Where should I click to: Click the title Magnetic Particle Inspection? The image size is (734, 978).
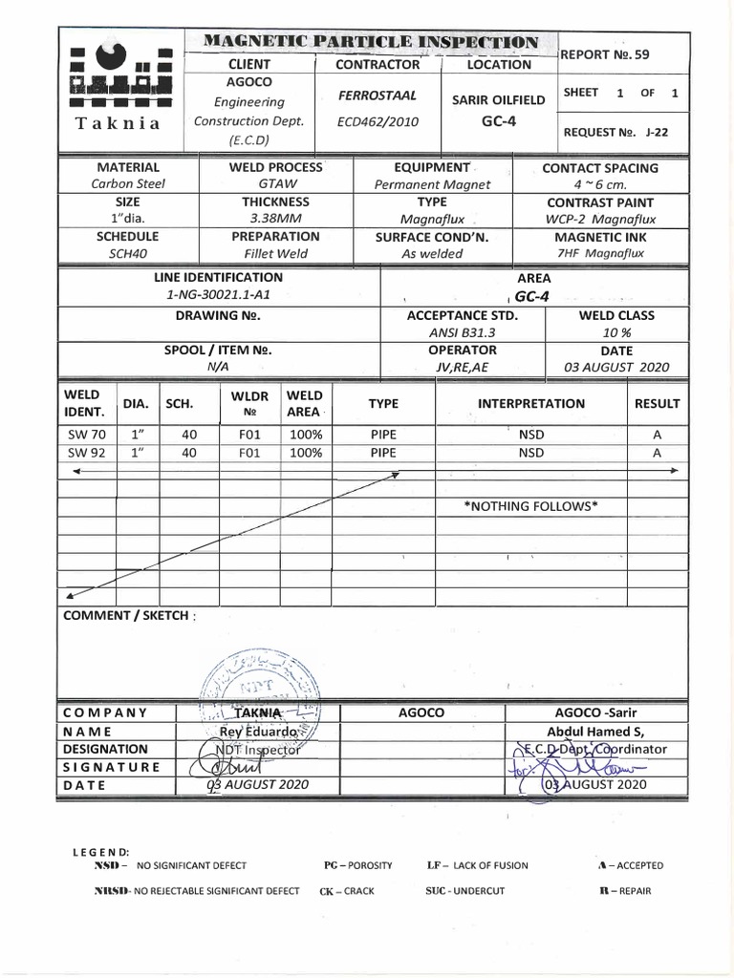(x=372, y=42)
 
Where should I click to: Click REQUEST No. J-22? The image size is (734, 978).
(x=615, y=133)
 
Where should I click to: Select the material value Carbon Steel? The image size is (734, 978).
(x=127, y=184)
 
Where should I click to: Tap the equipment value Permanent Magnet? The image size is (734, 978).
(x=432, y=184)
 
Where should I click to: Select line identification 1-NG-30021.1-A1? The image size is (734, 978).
(x=219, y=295)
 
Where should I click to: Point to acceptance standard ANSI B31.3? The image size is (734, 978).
(x=463, y=332)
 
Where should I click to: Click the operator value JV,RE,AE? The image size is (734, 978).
(x=463, y=367)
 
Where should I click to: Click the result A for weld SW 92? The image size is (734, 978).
(x=657, y=454)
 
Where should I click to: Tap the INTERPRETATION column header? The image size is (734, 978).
(x=531, y=404)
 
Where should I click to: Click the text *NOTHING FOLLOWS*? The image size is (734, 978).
(x=530, y=505)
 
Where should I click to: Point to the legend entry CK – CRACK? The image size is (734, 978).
(x=347, y=891)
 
